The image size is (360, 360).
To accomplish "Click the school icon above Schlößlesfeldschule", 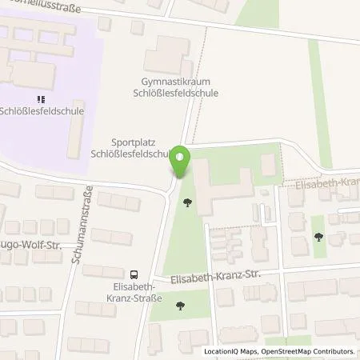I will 42,100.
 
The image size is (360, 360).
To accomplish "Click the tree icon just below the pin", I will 187,203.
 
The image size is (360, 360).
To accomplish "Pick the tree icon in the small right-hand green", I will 319,236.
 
